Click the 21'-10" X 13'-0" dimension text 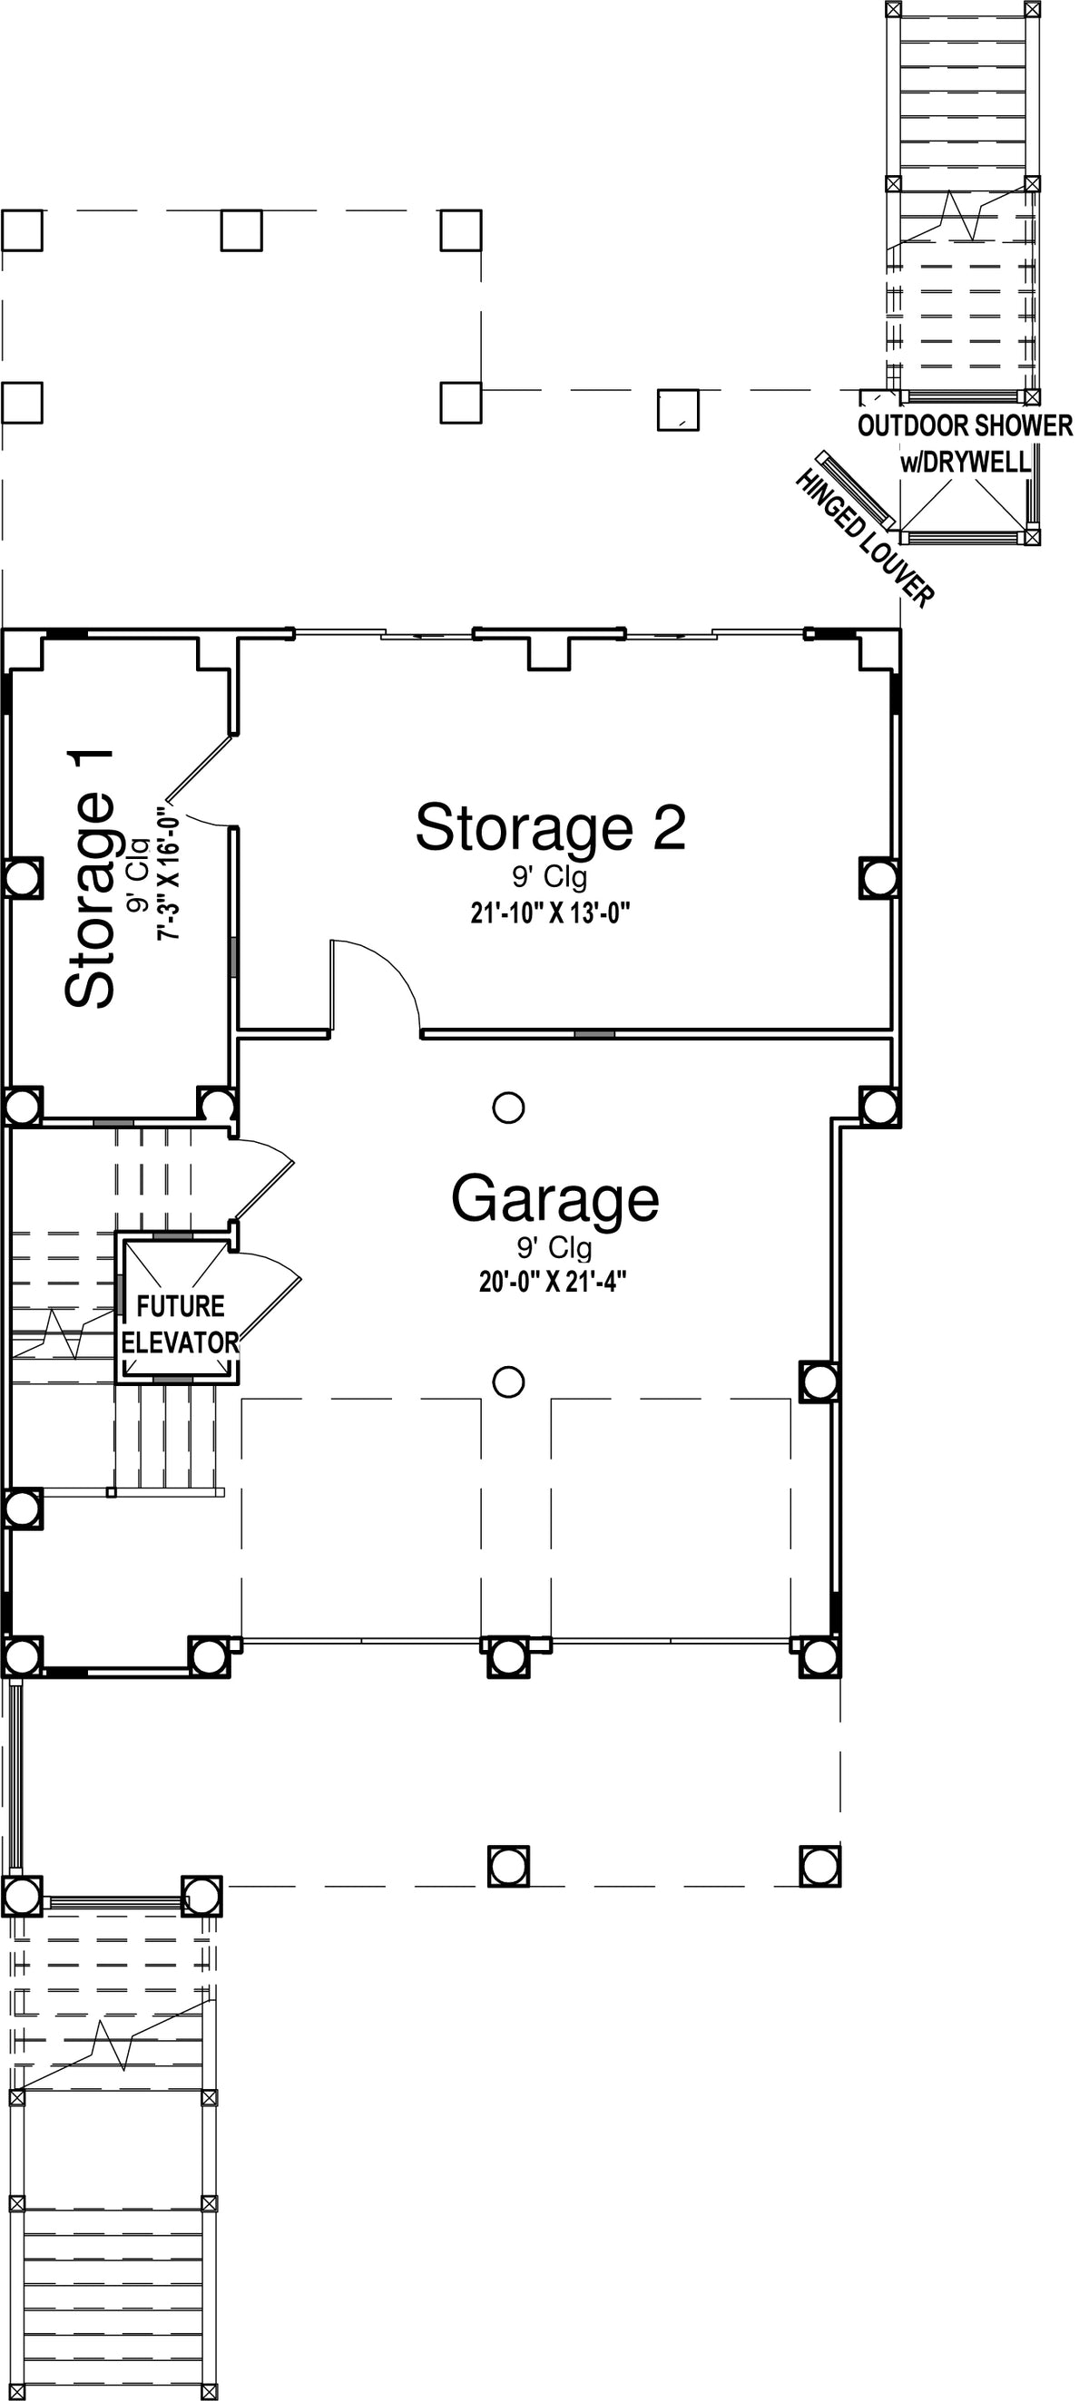(550, 913)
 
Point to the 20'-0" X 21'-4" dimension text (552, 1283)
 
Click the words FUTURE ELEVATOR (180, 1324)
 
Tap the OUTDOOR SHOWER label (965, 426)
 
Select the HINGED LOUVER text (864, 538)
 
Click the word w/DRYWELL (966, 462)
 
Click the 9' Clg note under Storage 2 (550, 878)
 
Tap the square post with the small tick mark (678, 410)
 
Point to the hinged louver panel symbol (855, 489)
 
